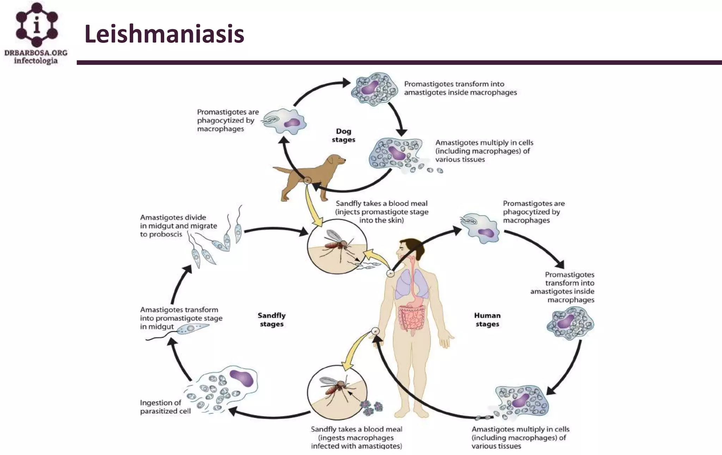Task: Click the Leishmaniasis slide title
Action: [x=164, y=34]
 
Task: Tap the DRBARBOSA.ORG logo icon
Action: [x=36, y=25]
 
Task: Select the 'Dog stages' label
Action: [x=343, y=135]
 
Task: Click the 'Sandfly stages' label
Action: [x=271, y=320]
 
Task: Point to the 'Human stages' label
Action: [x=487, y=320]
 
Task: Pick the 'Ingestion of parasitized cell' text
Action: [x=165, y=407]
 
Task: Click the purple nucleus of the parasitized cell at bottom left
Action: [x=241, y=378]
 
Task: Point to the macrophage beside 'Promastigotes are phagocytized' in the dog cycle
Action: [x=286, y=122]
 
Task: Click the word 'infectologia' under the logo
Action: [x=36, y=61]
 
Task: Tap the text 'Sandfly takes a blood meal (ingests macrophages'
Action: [x=356, y=437]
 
